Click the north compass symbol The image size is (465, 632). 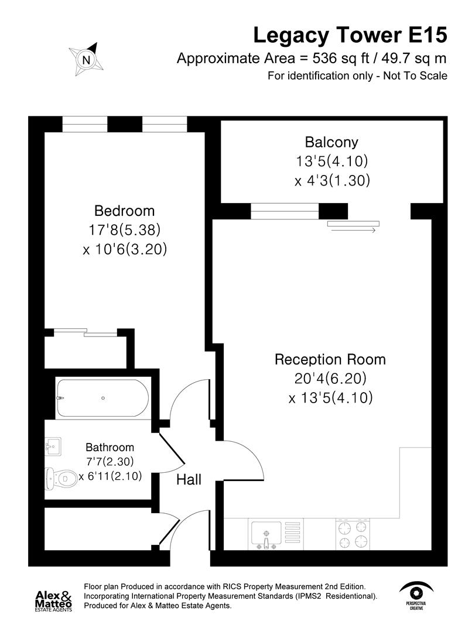[86, 59]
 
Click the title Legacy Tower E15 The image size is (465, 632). [350, 35]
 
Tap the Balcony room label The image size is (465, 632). [331, 142]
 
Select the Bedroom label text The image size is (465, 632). [125, 211]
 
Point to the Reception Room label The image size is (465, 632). [330, 359]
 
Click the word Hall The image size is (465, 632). [189, 480]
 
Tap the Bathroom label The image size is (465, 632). [110, 448]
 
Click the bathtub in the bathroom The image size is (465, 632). [102, 398]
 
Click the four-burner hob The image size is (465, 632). [354, 534]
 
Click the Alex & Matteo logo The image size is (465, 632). [54, 600]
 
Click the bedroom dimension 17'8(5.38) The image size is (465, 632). [125, 230]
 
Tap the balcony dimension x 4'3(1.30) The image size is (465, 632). [332, 181]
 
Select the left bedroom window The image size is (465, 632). [85, 125]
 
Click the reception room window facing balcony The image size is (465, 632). [285, 211]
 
